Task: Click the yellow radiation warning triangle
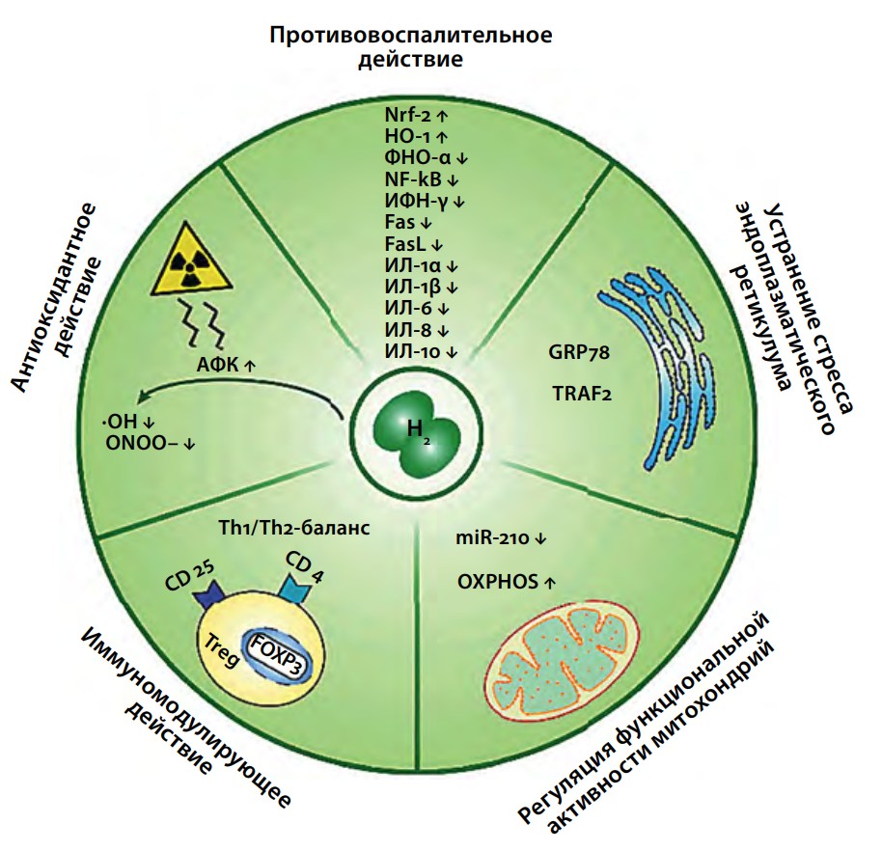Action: pyautogui.click(x=191, y=262)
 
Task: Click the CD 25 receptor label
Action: pyautogui.click(x=189, y=576)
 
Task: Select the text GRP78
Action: pyautogui.click(x=579, y=353)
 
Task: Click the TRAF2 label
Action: pyautogui.click(x=582, y=393)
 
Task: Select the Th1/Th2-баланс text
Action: pyautogui.click(x=294, y=528)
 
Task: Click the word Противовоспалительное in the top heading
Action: pyautogui.click(x=411, y=35)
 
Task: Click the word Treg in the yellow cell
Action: pyautogui.click(x=222, y=649)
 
